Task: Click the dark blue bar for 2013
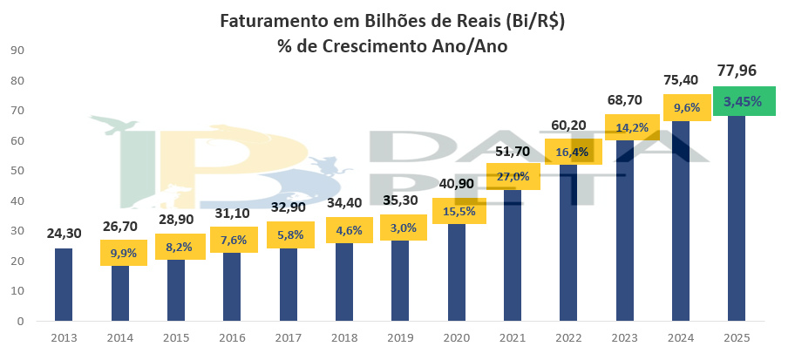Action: click(x=64, y=284)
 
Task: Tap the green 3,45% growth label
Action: click(x=743, y=101)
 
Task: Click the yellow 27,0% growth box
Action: click(x=513, y=175)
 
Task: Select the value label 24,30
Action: click(x=64, y=233)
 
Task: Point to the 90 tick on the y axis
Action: click(x=16, y=51)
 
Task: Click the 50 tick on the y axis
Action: click(x=16, y=171)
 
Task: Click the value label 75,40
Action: click(x=681, y=80)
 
